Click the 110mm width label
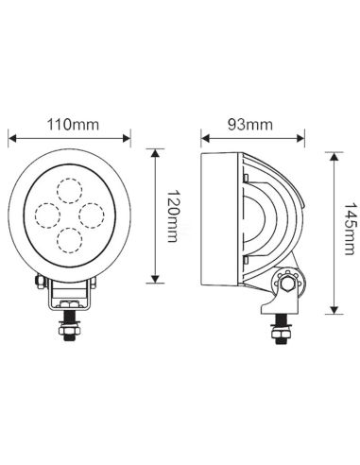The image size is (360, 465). point(70,124)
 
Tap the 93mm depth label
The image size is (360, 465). point(250,124)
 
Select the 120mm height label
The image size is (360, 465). point(171,215)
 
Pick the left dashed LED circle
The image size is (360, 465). point(47,210)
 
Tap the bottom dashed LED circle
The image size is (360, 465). point(69,237)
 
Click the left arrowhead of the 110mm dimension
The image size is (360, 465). point(11,138)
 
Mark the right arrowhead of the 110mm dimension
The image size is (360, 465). point(129,138)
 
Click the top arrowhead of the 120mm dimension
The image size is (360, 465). point(155,150)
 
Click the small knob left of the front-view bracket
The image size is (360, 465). point(39,281)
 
